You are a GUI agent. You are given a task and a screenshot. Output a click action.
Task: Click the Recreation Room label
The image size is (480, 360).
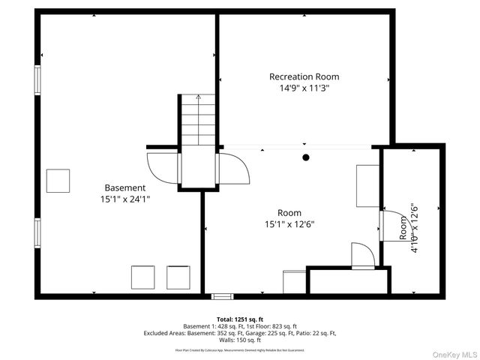coord(304,76)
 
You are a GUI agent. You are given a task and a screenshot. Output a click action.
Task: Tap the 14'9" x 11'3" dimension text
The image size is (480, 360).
coord(304,88)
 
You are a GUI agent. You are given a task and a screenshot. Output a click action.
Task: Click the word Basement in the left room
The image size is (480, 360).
coord(124,187)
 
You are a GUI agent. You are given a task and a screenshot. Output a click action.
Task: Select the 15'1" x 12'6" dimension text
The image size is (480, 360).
coord(289,223)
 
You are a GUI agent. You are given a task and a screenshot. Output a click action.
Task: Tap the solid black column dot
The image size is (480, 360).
coord(306,157)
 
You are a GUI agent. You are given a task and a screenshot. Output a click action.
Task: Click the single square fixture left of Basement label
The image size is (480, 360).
coord(58,181)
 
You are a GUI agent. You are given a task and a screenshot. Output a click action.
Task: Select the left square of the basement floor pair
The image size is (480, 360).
coord(142,277)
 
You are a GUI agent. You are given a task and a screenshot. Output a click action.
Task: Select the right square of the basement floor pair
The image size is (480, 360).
coord(178,277)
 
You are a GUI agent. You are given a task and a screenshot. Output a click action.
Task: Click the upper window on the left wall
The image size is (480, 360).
coord(36,80)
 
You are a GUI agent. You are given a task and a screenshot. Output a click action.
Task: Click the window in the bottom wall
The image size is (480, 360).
coord(222,296)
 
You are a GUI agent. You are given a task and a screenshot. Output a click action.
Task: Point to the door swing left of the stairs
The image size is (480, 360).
coord(163,167)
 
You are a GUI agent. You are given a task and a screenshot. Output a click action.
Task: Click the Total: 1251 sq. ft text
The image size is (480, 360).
coord(240,319)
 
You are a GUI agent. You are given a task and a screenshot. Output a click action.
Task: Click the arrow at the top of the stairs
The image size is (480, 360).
coord(198,97)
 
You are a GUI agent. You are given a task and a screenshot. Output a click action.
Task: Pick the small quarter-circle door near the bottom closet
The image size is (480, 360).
coord(361,255)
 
